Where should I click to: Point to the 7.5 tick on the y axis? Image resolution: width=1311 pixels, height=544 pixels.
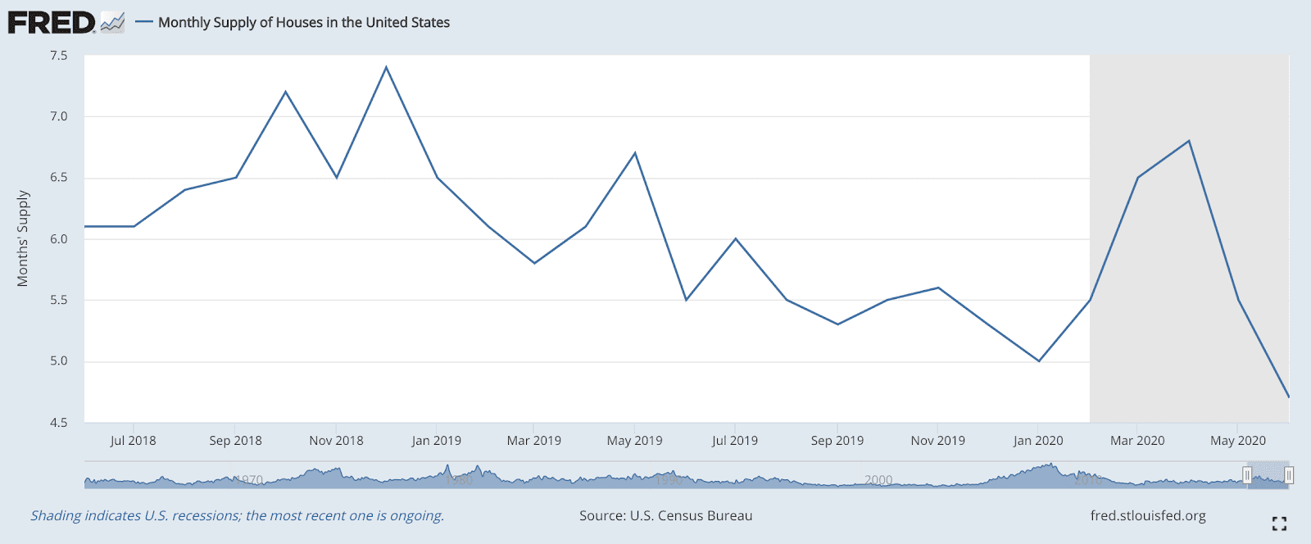click(58, 56)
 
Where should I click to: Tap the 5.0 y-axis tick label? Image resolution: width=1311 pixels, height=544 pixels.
click(58, 361)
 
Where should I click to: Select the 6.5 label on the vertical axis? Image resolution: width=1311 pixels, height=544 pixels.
click(58, 178)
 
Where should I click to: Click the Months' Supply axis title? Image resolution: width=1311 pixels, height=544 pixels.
click(23, 238)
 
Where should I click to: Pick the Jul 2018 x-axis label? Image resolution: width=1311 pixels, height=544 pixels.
click(133, 441)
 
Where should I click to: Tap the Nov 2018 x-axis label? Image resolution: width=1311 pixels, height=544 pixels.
click(336, 441)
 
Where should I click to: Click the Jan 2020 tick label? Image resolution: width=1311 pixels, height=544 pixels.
click(1038, 441)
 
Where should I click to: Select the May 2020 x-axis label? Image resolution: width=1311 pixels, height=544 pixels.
click(1238, 441)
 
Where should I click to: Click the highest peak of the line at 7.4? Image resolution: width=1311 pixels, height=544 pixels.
click(386, 67)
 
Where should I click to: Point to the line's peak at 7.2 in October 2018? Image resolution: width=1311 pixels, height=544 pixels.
click(285, 92)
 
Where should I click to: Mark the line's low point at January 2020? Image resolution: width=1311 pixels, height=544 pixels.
click(1039, 360)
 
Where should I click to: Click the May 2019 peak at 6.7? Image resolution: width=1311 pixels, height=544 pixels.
click(635, 153)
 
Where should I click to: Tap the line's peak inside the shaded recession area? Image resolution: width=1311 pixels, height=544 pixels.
click(1188, 141)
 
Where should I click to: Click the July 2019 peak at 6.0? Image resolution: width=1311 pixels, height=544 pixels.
click(736, 238)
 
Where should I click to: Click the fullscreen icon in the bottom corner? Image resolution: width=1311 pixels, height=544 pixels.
click(1279, 524)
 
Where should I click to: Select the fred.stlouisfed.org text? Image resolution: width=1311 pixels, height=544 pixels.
click(1148, 515)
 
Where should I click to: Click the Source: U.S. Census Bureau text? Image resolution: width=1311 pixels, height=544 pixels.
click(665, 515)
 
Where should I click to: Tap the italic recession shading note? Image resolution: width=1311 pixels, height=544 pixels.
click(238, 515)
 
